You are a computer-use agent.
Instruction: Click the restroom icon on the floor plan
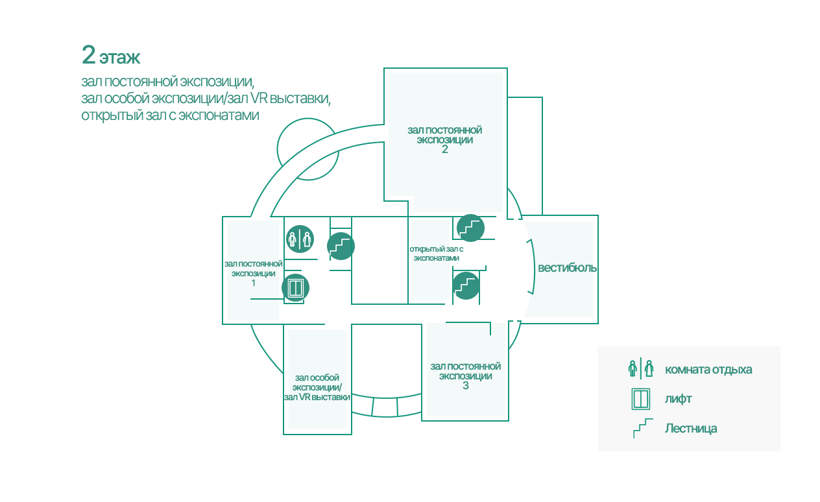tap(300, 239)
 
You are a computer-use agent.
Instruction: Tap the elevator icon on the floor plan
tap(295, 287)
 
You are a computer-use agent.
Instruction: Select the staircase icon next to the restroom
tap(341, 246)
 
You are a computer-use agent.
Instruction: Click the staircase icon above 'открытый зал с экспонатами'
tap(470, 228)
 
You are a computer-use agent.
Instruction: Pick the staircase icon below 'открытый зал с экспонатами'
tap(466, 286)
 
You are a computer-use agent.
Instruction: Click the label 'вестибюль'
tap(567, 269)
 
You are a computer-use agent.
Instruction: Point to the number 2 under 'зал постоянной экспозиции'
tap(445, 149)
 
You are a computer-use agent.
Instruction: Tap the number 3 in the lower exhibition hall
tap(466, 386)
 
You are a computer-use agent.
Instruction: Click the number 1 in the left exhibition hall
tap(253, 283)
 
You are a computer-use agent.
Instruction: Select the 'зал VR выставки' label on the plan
tap(317, 398)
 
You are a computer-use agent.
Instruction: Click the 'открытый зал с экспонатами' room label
tap(437, 254)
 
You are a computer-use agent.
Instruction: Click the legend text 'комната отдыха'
tap(708, 370)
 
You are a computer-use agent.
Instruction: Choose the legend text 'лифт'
tap(679, 399)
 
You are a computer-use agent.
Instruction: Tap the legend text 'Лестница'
tap(691, 429)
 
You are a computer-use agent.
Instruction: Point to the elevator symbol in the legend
tap(641, 399)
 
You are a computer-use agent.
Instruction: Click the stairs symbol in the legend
tap(643, 428)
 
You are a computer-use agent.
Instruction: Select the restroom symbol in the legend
tap(641, 369)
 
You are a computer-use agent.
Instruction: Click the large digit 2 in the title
tap(89, 55)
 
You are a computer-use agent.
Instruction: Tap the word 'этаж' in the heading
tap(120, 58)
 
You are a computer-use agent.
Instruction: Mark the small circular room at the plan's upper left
tap(278, 149)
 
